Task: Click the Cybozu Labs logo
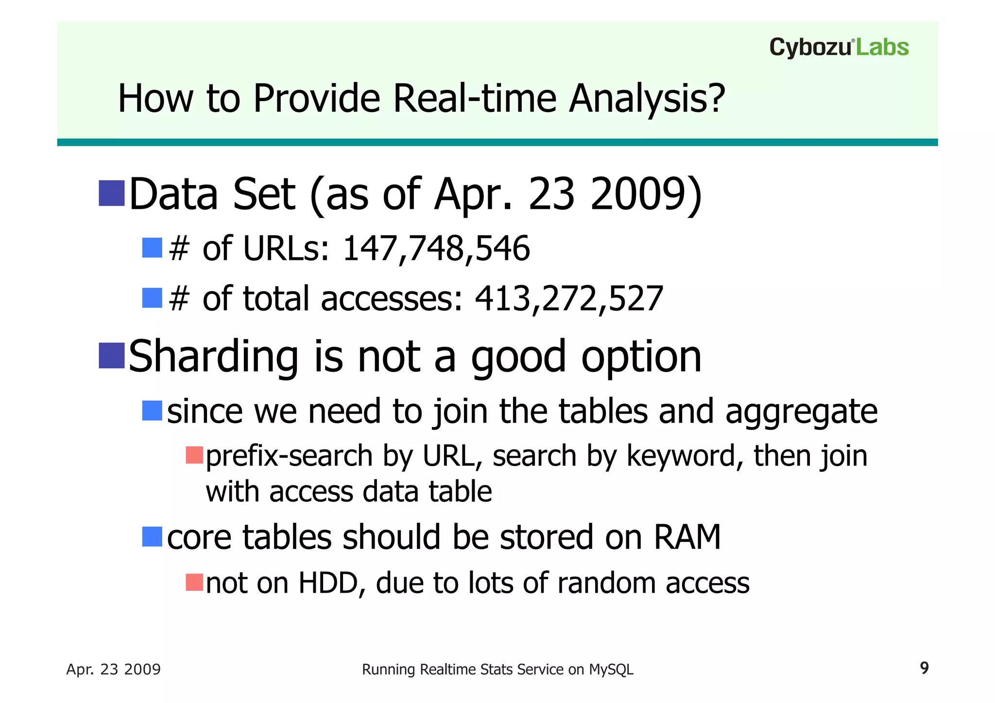[839, 48]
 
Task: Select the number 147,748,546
[436, 249]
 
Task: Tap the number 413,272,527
[569, 298]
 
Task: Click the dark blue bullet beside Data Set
[112, 193]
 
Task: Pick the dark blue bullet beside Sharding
[112, 356]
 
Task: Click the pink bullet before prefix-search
[194, 455]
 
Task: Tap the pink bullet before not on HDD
[194, 582]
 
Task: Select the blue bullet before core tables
[152, 537]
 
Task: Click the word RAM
[687, 537]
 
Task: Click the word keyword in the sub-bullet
[680, 457]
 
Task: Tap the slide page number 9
[924, 668]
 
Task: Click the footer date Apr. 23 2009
[113, 669]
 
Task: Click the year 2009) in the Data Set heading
[646, 194]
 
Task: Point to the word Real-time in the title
[474, 99]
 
